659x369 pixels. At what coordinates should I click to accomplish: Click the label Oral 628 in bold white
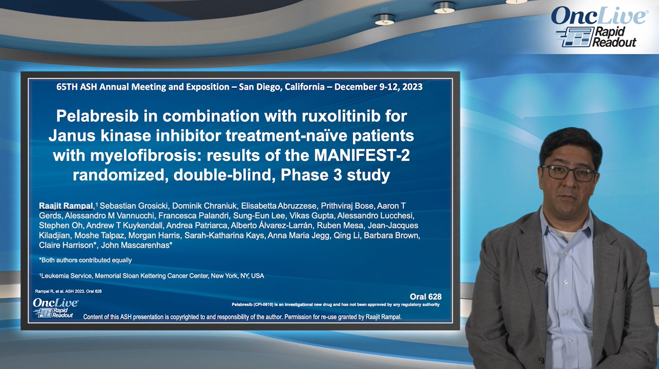tap(425, 296)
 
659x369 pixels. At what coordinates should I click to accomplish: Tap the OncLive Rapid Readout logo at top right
tap(599, 27)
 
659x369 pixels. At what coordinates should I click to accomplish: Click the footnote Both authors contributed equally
tap(86, 260)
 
